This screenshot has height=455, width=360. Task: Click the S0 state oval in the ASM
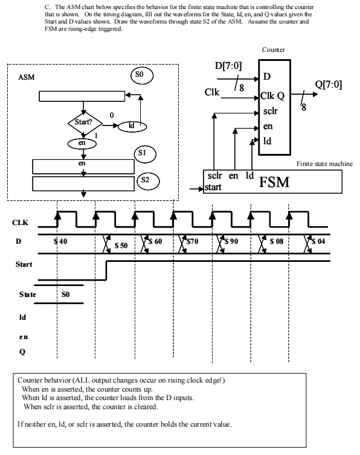[x=140, y=75]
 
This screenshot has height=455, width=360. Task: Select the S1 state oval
[x=143, y=152]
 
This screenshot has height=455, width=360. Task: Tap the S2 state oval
[x=146, y=180]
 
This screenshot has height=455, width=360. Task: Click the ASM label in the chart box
[x=27, y=77]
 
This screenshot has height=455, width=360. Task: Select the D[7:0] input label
[x=228, y=65]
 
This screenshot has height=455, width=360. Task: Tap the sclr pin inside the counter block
[x=271, y=111]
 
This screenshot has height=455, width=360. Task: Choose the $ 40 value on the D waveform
[x=60, y=241]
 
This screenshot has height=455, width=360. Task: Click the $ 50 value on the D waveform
[x=121, y=246]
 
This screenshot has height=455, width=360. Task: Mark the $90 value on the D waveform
[x=231, y=241]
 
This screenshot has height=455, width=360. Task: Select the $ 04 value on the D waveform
[x=318, y=241]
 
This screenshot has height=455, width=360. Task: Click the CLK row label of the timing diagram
[x=20, y=223]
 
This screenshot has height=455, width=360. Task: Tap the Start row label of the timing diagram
[x=24, y=264]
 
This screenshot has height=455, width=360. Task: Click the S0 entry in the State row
[x=66, y=294]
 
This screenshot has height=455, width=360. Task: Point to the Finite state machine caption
[x=324, y=164]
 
